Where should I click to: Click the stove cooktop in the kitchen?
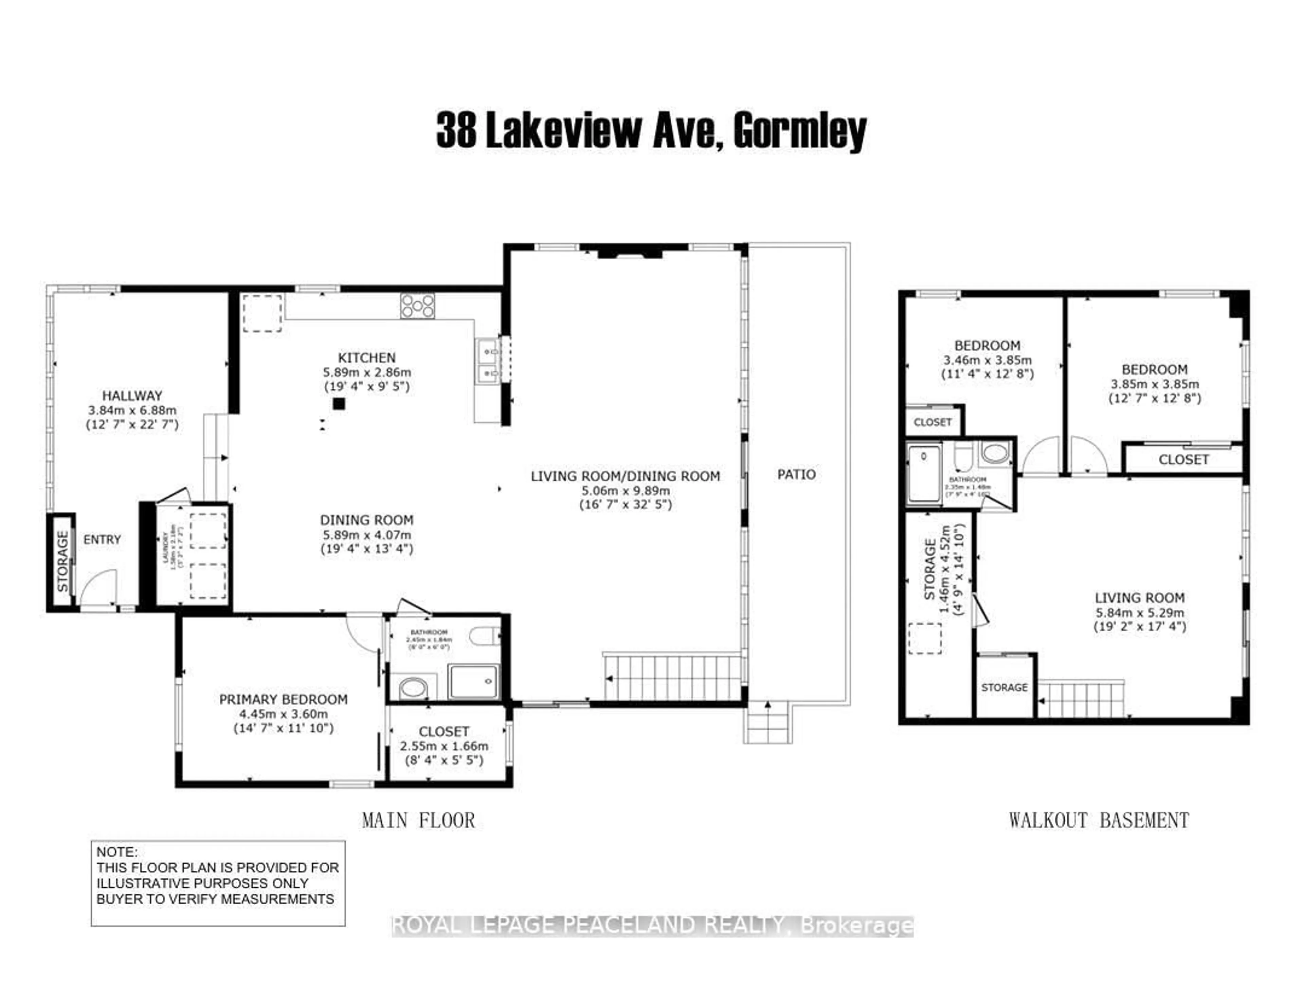click(417, 306)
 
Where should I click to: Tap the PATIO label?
click(796, 474)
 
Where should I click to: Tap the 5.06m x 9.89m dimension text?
click(625, 491)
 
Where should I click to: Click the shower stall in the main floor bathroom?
click(474, 681)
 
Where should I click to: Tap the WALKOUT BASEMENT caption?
click(1098, 820)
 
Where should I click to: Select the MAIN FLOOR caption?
click(418, 820)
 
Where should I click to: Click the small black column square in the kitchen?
click(339, 404)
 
